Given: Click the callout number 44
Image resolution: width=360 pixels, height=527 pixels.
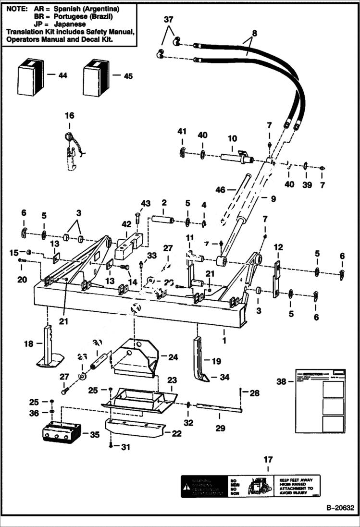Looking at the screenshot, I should click(63, 75).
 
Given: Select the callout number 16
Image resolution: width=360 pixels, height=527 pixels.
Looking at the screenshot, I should click(70, 115).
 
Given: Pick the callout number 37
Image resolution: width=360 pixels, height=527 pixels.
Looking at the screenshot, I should click(168, 20).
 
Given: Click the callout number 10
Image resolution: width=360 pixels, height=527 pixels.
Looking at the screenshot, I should click(232, 138).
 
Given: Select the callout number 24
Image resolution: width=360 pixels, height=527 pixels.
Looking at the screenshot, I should click(173, 357).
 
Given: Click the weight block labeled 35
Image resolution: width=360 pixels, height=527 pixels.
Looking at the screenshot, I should click(62, 430).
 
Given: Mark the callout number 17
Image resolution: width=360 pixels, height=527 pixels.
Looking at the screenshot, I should click(268, 460).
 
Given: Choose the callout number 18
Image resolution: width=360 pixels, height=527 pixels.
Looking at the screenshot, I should click(28, 343).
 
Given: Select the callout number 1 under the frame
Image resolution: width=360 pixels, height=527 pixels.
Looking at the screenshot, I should click(223, 332).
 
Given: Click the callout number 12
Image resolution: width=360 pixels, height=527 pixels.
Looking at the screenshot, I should click(278, 247).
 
